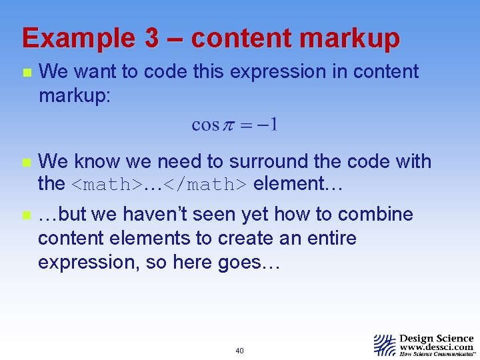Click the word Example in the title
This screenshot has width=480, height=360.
(79, 39)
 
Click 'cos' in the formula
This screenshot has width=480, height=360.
(205, 125)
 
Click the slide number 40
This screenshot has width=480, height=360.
(239, 351)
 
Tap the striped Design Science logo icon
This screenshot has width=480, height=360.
(385, 345)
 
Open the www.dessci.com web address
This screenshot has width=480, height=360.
(436, 347)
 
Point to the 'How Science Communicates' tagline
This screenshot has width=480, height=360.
(436, 355)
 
